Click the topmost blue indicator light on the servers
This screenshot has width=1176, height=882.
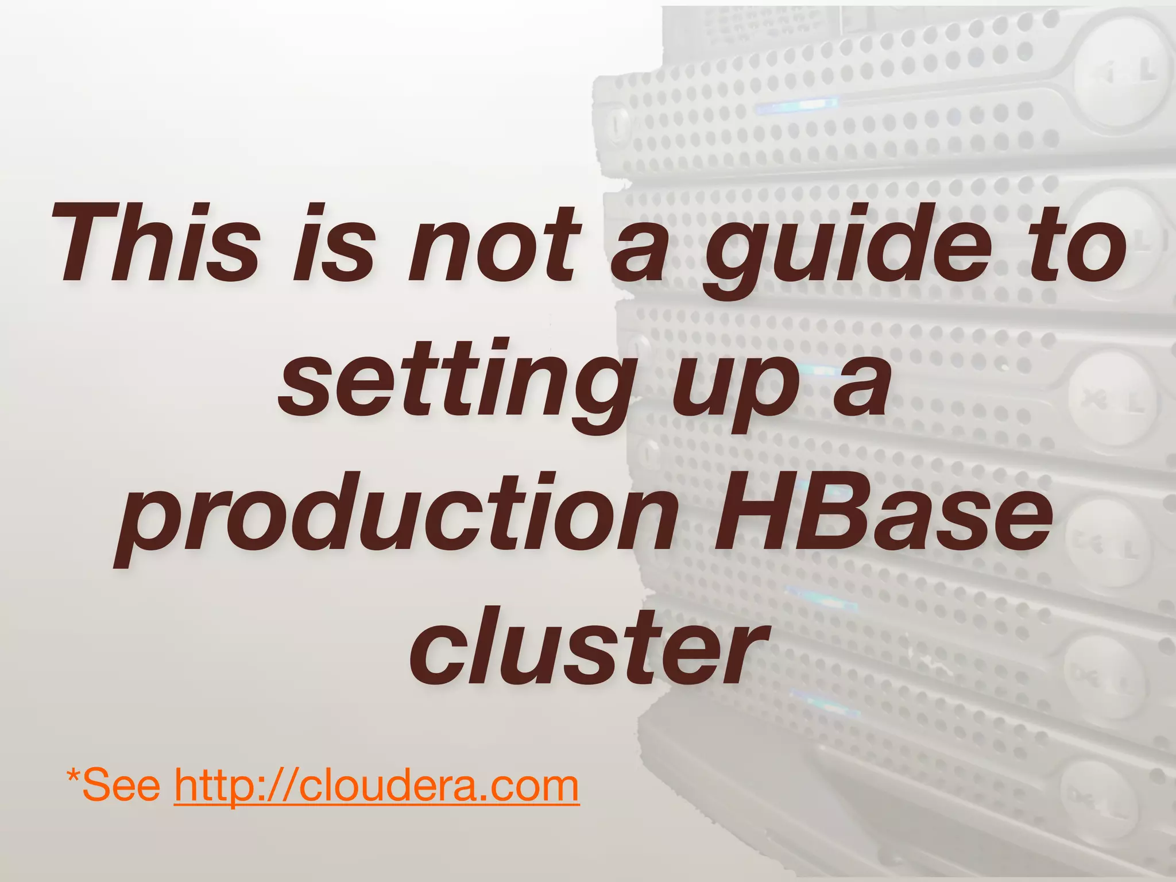click(x=795, y=105)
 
